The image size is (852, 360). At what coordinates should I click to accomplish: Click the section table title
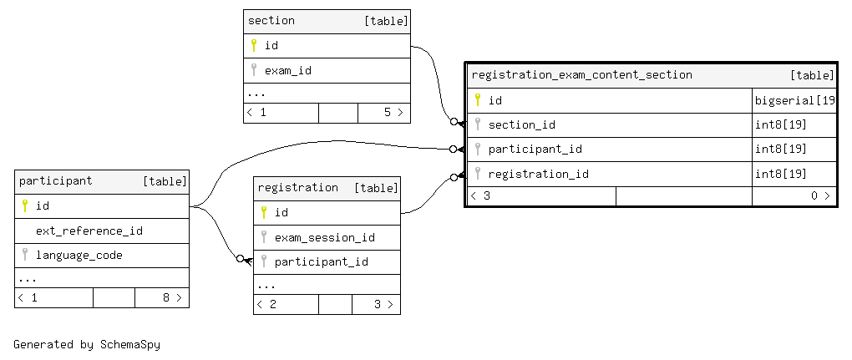[x=271, y=21]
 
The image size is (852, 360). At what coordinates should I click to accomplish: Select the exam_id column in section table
[x=288, y=71]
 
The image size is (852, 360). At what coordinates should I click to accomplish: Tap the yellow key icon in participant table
[x=24, y=205]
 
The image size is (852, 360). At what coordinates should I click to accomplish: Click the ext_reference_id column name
[x=89, y=231]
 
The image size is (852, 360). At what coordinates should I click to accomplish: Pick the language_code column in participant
[x=79, y=256]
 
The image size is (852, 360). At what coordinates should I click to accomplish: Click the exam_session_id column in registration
[x=324, y=237]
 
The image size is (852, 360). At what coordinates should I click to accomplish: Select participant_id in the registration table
[x=321, y=261]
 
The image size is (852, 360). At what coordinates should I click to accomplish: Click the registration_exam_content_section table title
[x=582, y=75]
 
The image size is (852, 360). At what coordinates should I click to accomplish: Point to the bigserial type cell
[x=794, y=100]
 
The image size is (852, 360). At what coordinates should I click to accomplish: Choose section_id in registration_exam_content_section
[x=521, y=125]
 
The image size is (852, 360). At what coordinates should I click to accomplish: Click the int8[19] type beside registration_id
[x=781, y=174]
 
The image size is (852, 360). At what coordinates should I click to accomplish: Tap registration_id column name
[x=539, y=175]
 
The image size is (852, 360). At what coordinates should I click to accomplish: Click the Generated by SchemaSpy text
[x=87, y=344]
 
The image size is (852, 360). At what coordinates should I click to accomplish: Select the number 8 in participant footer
[x=165, y=297]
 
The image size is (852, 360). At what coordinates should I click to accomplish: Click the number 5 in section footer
[x=388, y=113]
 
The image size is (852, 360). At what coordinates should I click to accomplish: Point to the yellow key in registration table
[x=263, y=212]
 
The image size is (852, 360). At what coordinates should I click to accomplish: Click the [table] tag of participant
[x=165, y=180]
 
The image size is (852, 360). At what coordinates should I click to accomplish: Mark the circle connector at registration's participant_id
[x=241, y=258]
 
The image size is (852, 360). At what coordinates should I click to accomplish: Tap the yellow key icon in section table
[x=253, y=45]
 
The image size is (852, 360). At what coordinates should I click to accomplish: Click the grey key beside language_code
[x=24, y=254]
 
